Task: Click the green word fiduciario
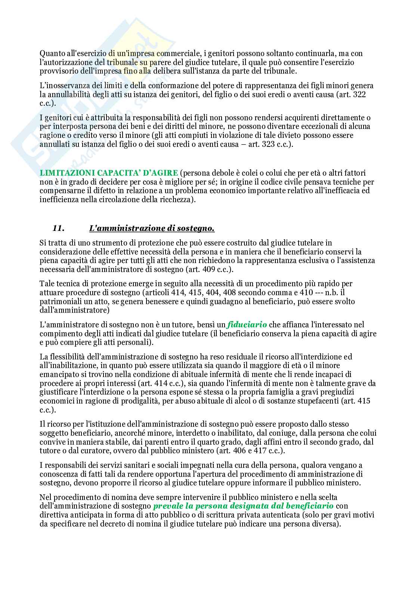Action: pos(247,324)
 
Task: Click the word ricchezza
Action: pos(173,200)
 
